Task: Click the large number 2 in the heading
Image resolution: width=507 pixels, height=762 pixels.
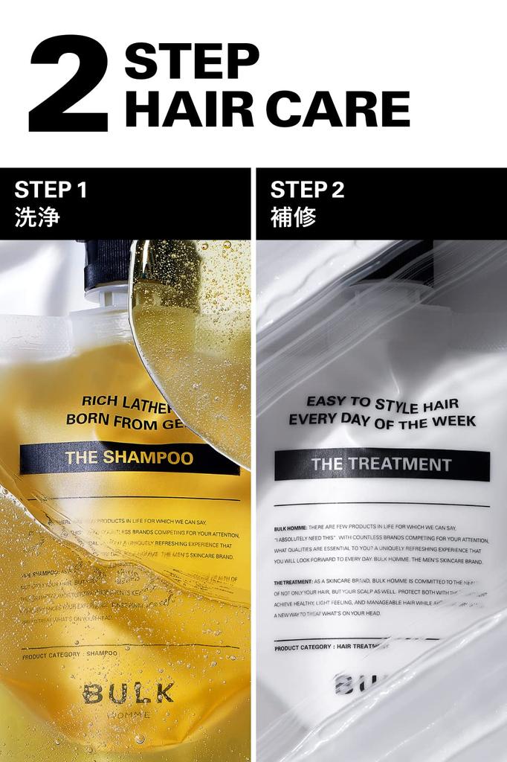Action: [68, 83]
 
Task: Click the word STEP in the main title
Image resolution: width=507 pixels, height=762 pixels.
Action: [192, 60]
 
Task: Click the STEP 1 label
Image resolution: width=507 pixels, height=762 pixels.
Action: [51, 190]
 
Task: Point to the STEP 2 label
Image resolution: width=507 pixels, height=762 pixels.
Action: [307, 190]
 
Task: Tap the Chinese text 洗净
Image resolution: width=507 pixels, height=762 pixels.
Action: [37, 217]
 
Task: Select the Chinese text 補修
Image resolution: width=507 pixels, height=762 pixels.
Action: [293, 217]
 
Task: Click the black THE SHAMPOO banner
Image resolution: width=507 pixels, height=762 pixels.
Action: [129, 458]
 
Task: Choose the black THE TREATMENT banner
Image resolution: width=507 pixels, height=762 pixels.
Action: [381, 465]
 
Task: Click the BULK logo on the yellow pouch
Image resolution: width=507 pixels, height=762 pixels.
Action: [128, 694]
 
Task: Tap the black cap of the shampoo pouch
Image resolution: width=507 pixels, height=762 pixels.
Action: [109, 264]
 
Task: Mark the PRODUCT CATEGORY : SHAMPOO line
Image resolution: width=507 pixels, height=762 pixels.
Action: [70, 654]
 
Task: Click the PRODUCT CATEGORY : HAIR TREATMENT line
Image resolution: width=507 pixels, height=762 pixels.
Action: [328, 647]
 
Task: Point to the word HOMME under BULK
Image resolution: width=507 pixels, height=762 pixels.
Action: [128, 714]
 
